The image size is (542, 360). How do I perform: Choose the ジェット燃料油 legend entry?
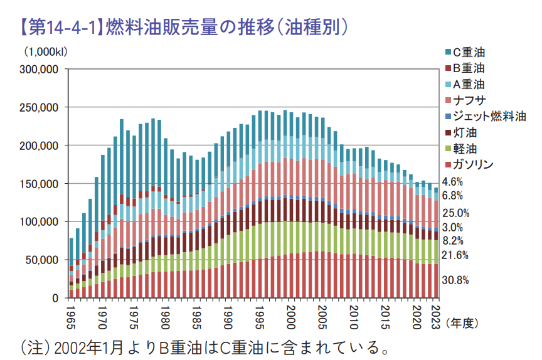tap(489, 117)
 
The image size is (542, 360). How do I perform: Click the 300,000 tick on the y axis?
tap(40, 70)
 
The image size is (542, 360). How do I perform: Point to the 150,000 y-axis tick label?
tap(40, 184)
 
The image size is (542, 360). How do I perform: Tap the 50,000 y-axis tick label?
tap(42, 260)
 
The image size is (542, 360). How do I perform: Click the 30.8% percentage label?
tap(456, 280)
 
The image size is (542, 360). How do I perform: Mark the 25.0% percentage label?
tap(456, 213)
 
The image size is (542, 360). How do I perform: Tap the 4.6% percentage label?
tap(453, 182)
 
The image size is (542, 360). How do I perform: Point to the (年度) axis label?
tap(462, 323)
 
